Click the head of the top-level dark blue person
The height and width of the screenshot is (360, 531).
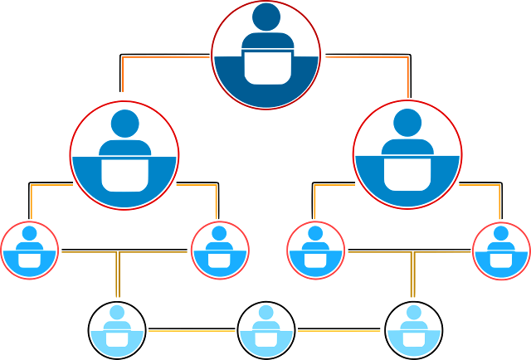(265, 17)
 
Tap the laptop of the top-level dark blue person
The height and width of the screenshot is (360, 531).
(265, 66)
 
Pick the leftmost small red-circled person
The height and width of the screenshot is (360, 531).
(30, 249)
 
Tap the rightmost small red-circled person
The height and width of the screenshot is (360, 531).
(501, 249)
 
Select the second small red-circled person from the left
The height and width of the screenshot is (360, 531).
(220, 249)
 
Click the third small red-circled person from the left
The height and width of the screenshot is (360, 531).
(315, 249)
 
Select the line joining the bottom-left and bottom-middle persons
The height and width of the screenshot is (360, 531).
(191, 332)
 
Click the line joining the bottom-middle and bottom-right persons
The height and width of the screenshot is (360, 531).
(340, 332)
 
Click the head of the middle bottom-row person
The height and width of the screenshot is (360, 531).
(265, 312)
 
